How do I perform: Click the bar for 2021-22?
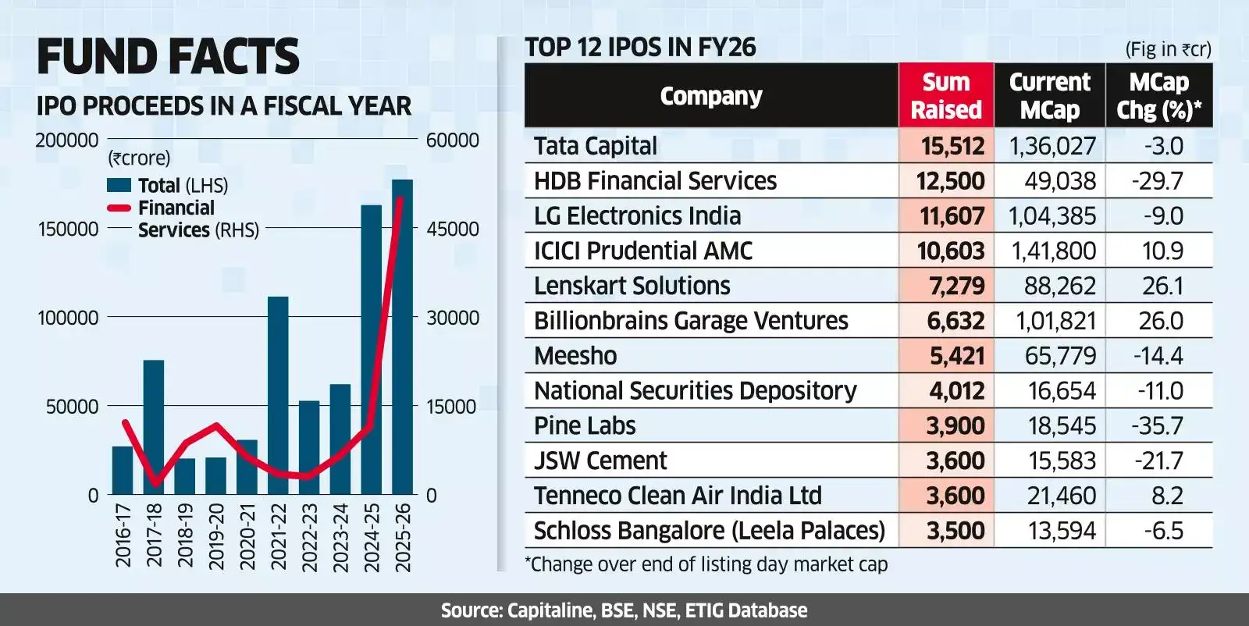tap(278, 395)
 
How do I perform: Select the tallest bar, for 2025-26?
tap(402, 337)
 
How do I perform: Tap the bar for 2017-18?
tap(154, 427)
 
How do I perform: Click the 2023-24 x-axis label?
tap(340, 537)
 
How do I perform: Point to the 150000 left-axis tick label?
tap(68, 229)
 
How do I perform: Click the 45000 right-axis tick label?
tap(453, 229)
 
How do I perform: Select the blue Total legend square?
tap(119, 185)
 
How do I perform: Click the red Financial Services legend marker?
tap(119, 208)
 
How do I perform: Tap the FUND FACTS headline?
tap(168, 57)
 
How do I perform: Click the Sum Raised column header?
tap(946, 96)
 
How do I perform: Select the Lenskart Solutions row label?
tap(632, 286)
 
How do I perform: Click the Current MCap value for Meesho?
tap(1060, 356)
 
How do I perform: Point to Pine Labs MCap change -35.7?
tap(1158, 426)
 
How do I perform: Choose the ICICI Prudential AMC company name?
tap(642, 251)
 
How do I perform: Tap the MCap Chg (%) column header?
tap(1158, 96)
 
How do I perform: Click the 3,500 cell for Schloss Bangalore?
tap(955, 531)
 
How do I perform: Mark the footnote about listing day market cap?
tap(706, 564)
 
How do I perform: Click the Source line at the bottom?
tap(624, 610)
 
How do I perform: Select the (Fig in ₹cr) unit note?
tap(1167, 49)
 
